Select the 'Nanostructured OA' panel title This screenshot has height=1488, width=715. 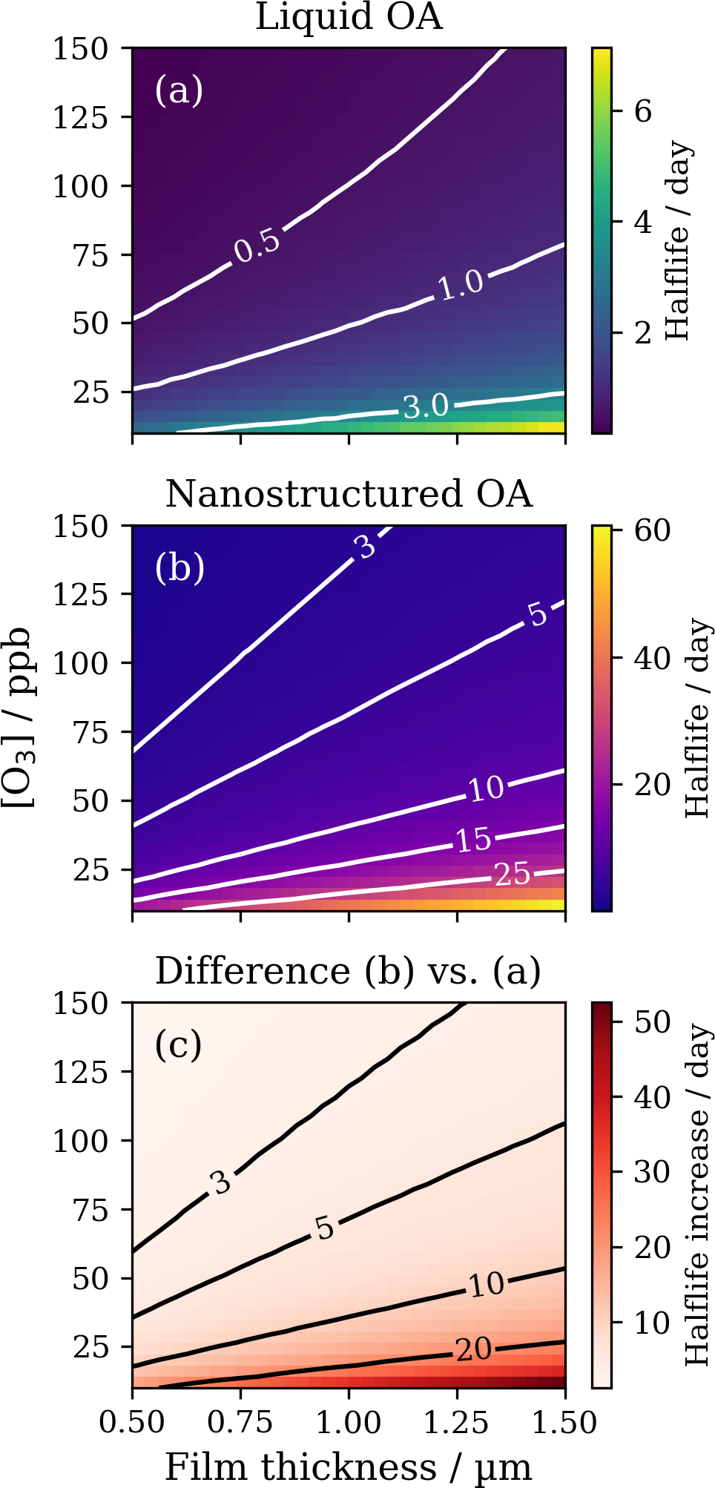[x=349, y=494]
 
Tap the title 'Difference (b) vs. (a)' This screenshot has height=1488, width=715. [x=348, y=971]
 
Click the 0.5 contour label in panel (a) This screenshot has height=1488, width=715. [x=257, y=246]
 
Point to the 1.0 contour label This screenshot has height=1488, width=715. [x=460, y=285]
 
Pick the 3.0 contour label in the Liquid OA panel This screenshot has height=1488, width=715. [x=426, y=406]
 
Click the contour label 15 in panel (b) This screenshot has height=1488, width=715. [x=473, y=840]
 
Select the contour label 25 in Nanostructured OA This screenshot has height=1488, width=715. [x=512, y=875]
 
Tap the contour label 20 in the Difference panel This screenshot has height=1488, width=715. [x=473, y=1349]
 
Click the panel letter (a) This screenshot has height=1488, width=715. [x=179, y=90]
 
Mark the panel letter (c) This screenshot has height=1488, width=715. [x=178, y=1045]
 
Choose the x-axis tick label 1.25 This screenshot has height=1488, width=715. [x=456, y=1423]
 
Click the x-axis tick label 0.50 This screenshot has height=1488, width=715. [x=132, y=1423]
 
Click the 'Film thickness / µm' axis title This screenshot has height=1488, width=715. [x=348, y=1466]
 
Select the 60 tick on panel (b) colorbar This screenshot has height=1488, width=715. [x=652, y=530]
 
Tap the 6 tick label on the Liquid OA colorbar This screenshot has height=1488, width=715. [x=643, y=111]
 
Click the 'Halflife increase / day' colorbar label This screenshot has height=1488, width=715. [x=697, y=1194]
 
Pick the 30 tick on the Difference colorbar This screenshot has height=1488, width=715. [x=652, y=1172]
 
